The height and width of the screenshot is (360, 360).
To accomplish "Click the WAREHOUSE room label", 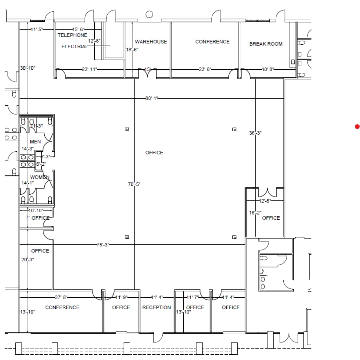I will pos(151,42).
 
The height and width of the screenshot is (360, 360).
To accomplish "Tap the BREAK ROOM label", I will pos(266,44).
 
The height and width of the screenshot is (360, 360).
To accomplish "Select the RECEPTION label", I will pos(156,307).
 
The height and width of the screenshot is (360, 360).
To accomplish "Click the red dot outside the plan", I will pos(357,126).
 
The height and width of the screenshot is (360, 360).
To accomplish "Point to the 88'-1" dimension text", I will pos(152,98).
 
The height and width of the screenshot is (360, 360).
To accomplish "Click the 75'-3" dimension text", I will pos(103,244).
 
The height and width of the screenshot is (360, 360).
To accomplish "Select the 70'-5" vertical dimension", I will pos(134,184).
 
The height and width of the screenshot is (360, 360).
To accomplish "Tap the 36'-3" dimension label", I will pos(255,133).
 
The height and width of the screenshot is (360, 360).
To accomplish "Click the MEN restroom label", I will pos(35,142).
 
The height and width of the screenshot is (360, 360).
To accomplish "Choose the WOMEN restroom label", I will pos(40,177).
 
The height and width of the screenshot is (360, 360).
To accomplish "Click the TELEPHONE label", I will pos(72,35).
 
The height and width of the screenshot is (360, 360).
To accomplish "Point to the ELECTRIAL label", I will pos(74,47).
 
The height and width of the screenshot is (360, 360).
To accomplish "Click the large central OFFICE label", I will pos(154,153).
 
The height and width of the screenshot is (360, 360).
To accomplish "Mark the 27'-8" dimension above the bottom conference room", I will pos(62,297).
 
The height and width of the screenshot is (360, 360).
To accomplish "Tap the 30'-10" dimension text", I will pos(28,68).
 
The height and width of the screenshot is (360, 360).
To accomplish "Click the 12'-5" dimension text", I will pos(265,201).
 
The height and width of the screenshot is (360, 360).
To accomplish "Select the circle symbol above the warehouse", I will pos(149,14).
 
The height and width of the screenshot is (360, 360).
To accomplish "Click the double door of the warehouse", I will pos(147,74).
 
